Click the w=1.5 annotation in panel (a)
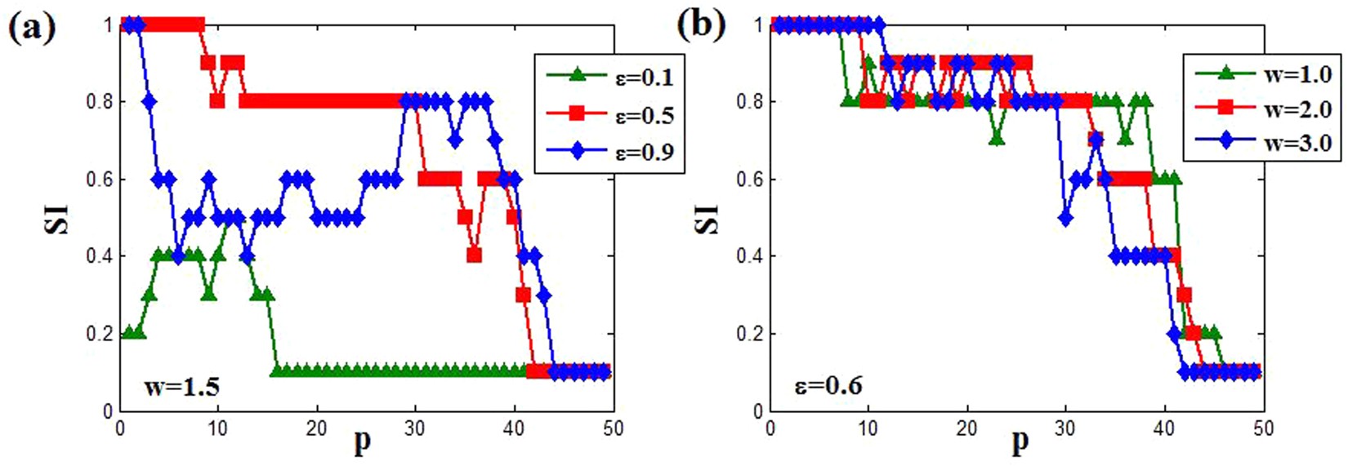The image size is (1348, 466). (x=181, y=387)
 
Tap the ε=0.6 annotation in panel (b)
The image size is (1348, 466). (x=829, y=385)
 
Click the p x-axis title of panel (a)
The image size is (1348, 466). (x=362, y=443)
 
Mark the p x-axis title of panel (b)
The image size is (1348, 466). (x=1020, y=443)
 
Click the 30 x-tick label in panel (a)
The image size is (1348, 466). (x=415, y=428)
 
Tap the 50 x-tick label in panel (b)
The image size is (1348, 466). (x=1263, y=428)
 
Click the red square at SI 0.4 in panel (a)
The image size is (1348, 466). (x=474, y=256)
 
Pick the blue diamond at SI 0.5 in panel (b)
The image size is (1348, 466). (x=1065, y=219)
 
